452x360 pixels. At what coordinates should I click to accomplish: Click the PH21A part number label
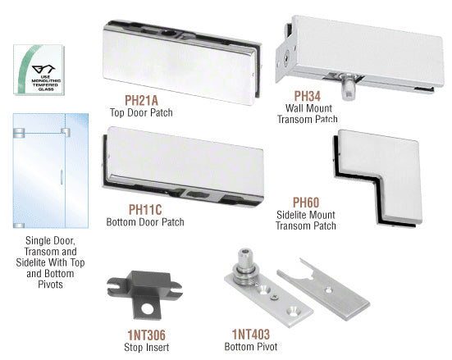click(141, 100)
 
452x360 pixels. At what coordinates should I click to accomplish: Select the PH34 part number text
click(308, 96)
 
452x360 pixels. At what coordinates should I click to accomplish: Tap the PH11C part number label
click(145, 210)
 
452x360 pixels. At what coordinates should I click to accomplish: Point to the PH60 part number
click(306, 203)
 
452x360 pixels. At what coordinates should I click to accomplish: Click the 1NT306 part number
click(147, 335)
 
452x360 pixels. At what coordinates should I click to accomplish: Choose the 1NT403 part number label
click(251, 335)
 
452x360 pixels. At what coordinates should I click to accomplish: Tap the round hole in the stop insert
click(148, 308)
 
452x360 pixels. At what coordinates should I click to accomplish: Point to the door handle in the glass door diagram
click(62, 176)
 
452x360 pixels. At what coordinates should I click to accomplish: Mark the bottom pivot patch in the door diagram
click(19, 226)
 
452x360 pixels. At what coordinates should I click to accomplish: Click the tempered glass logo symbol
click(43, 70)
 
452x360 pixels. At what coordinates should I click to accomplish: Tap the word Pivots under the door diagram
click(50, 285)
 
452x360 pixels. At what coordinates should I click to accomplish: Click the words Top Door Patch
click(141, 112)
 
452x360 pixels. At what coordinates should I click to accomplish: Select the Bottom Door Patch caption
click(145, 222)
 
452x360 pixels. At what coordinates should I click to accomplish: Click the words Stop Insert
click(147, 347)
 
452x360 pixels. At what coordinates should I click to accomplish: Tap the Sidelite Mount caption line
click(306, 215)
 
